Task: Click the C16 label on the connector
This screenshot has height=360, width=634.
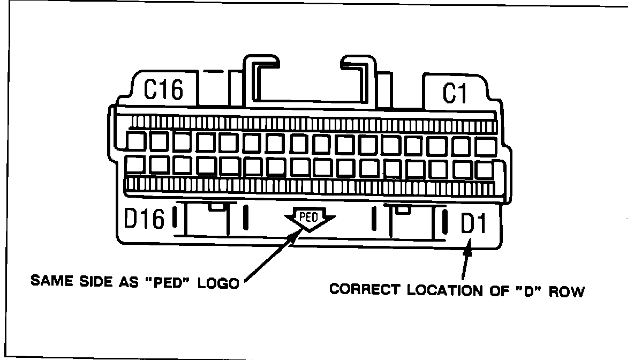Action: pos(164,89)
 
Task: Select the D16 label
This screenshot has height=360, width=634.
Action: pos(144,219)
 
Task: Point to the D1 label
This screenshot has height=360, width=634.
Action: pos(473,224)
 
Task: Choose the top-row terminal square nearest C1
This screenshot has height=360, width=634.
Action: pos(485,146)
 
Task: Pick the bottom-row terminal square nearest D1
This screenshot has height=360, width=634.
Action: pos(484,169)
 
